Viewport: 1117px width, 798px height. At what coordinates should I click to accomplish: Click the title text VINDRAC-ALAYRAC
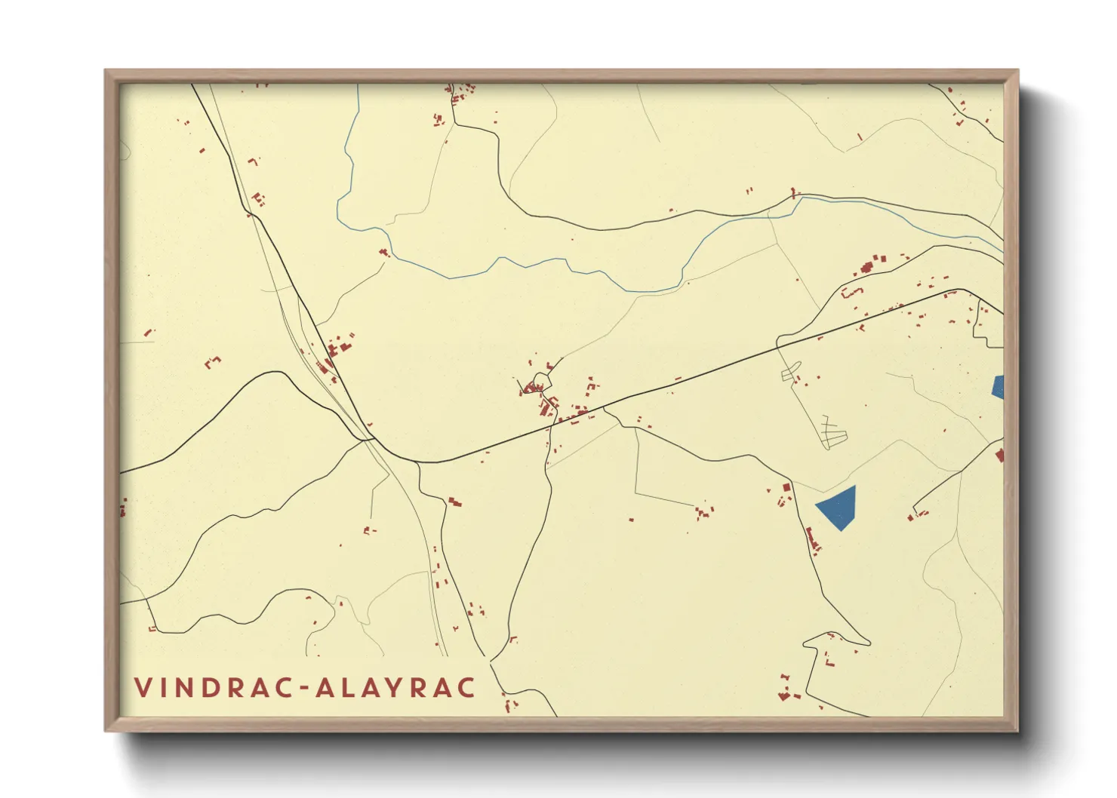coord(305,688)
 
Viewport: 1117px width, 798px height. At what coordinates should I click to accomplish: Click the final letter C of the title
coord(467,688)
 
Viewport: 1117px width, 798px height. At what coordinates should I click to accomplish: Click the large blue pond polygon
coord(838,507)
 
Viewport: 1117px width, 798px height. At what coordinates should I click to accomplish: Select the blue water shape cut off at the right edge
coord(998,386)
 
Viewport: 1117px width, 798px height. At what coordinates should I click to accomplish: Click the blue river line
coord(528,264)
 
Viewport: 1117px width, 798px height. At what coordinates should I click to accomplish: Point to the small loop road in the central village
coord(542,380)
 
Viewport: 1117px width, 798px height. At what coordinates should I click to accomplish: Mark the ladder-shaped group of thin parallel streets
coord(832,432)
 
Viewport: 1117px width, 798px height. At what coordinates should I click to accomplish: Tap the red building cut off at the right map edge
coord(1000,455)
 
